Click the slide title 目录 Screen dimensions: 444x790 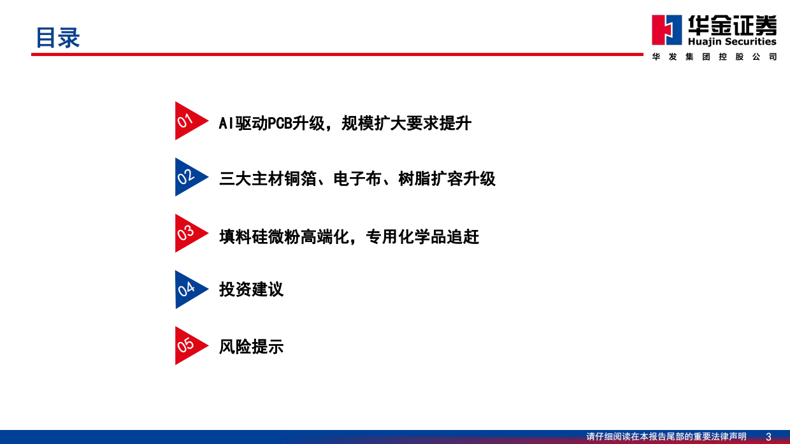pos(57,38)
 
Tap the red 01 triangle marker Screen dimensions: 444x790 pos(188,120)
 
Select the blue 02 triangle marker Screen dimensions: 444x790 pos(188,177)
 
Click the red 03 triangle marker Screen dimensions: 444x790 pos(188,233)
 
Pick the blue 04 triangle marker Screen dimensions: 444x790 pos(188,289)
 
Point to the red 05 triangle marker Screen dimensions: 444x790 pos(188,345)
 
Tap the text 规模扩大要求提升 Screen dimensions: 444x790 pos(406,123)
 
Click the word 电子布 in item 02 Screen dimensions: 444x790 pos(357,179)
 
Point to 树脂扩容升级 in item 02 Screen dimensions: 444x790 pos(447,179)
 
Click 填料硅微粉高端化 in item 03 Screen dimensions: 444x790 pos(284,237)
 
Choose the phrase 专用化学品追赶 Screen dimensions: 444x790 pos(422,237)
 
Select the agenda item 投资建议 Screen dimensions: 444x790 pos(251,289)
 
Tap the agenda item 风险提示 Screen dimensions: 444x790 pos(251,347)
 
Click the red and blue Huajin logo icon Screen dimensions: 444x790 pos(666,30)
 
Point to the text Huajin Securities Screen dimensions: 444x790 pos(732,41)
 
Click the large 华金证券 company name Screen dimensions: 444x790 pos(732,25)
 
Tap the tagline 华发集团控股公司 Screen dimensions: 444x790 pos(714,57)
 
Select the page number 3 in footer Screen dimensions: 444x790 pos(768,436)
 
